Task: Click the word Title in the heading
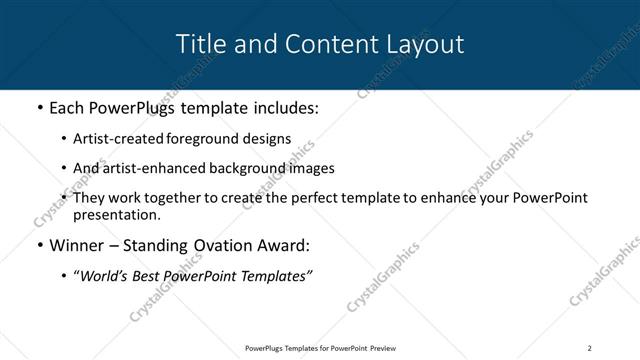pyautogui.click(x=199, y=44)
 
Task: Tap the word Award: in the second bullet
pyautogui.click(x=285, y=245)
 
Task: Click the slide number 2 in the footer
pyautogui.click(x=589, y=348)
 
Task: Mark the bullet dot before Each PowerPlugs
pyautogui.click(x=39, y=107)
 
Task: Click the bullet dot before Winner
pyautogui.click(x=39, y=245)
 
